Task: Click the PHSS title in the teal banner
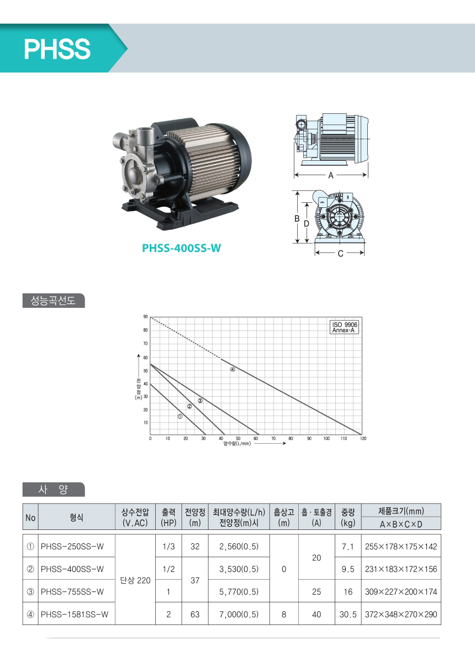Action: (57, 49)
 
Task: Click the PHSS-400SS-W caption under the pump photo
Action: (181, 248)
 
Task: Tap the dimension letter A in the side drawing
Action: (331, 175)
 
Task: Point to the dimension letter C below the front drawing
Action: (340, 254)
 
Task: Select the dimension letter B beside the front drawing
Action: (297, 219)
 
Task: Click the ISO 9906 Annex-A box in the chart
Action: (344, 327)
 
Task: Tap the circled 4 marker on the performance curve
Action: (233, 369)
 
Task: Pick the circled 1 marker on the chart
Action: (180, 416)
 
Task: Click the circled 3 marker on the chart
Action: (200, 401)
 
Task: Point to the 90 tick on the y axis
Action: (145, 317)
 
